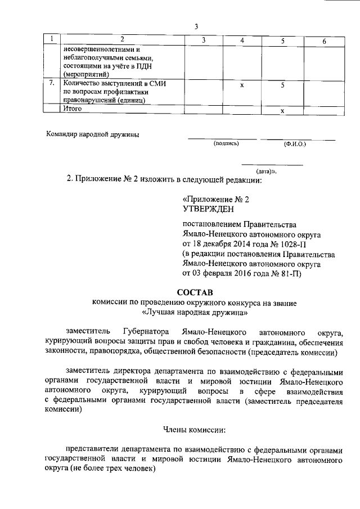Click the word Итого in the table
click(x=73, y=109)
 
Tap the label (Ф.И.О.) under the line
click(x=295, y=144)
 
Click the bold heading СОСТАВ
click(x=196, y=292)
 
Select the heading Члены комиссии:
click(x=194, y=430)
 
